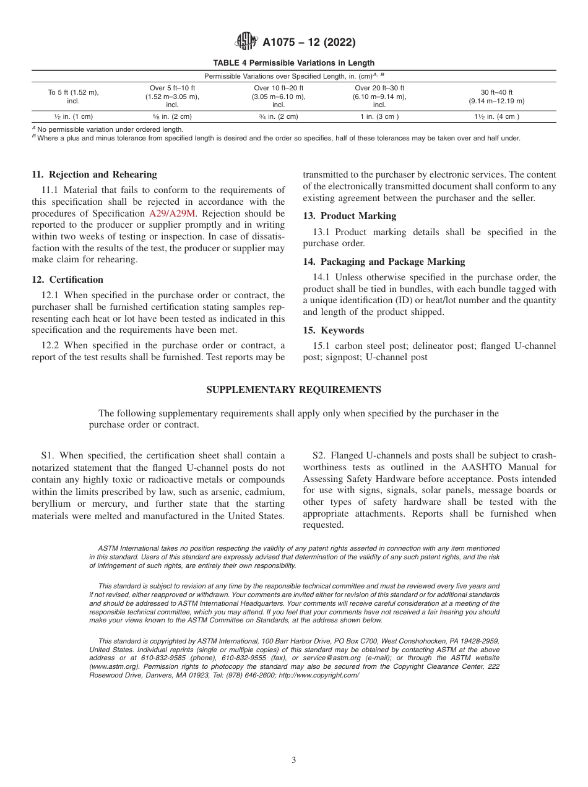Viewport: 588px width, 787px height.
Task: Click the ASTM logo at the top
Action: point(247,43)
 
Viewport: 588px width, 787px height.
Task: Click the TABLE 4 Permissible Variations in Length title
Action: point(293,62)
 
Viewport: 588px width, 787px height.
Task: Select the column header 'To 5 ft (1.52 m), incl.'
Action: point(73,97)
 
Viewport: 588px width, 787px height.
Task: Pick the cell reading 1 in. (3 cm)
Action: point(379,116)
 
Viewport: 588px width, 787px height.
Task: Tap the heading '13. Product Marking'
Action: point(349,216)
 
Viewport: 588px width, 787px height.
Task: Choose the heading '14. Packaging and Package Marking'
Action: point(384,262)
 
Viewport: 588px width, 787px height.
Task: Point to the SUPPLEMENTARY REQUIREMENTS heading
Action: point(293,390)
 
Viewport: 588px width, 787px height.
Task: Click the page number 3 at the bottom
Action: point(293,760)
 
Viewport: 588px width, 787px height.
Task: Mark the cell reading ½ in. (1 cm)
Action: point(73,116)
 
